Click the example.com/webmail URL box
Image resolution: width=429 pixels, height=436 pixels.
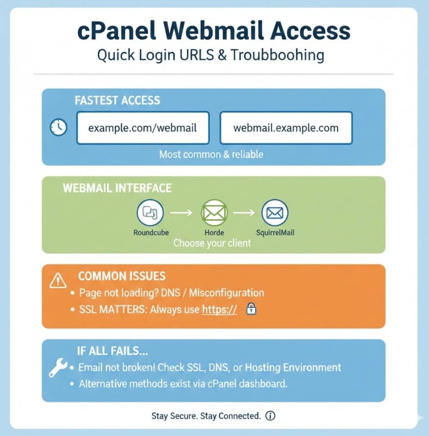tap(143, 128)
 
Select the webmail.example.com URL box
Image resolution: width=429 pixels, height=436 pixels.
tap(286, 128)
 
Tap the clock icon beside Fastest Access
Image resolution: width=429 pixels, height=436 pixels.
tap(59, 128)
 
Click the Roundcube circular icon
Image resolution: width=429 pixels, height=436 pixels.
tap(150, 212)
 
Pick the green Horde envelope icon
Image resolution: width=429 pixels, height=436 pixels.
tap(214, 212)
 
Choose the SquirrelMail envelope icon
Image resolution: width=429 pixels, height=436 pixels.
tap(275, 213)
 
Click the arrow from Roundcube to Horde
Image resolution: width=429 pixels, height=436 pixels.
tap(182, 213)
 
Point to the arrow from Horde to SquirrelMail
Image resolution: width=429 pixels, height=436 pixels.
tap(244, 213)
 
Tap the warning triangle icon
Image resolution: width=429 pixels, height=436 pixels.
tap(58, 281)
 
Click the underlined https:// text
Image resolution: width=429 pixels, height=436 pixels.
tap(219, 309)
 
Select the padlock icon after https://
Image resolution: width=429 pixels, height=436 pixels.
tap(251, 309)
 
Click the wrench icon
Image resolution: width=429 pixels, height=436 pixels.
tap(57, 367)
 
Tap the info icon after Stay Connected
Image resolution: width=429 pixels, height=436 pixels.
tap(270, 416)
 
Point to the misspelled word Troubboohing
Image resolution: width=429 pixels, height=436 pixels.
tap(277, 54)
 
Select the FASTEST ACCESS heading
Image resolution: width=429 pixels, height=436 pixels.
tap(117, 101)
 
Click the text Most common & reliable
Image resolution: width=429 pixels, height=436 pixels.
tap(211, 154)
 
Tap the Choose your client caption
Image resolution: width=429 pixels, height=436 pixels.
tap(212, 242)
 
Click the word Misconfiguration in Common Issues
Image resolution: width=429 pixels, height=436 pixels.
tap(226, 293)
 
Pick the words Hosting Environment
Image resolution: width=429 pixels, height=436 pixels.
tap(293, 367)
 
